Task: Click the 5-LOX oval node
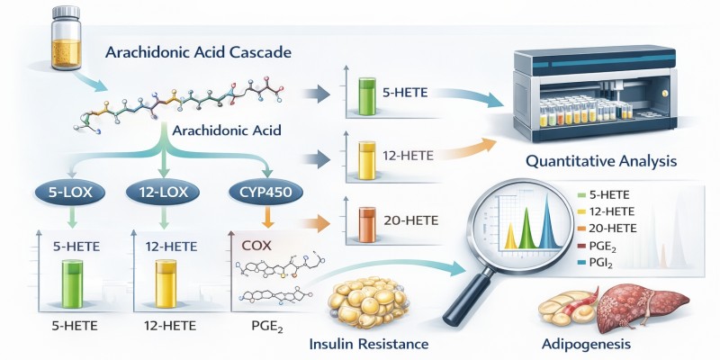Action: coord(70,193)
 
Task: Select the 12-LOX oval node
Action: coord(163,193)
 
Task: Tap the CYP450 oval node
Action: coord(265,193)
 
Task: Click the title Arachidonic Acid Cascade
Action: coord(198,52)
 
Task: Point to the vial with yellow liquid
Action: coord(67,38)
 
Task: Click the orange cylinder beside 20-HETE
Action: coord(367,224)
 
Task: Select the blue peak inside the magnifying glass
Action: coord(547,221)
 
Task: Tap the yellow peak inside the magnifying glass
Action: coord(511,235)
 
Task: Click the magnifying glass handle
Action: coord(467,297)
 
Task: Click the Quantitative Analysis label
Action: coord(600,161)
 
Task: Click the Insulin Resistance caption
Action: coord(369,344)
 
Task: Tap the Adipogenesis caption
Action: coord(586,344)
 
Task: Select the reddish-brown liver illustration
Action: coord(641,307)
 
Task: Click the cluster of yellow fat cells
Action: coord(368,301)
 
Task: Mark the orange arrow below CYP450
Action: coord(267,217)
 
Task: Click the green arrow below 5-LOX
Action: coord(71,217)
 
